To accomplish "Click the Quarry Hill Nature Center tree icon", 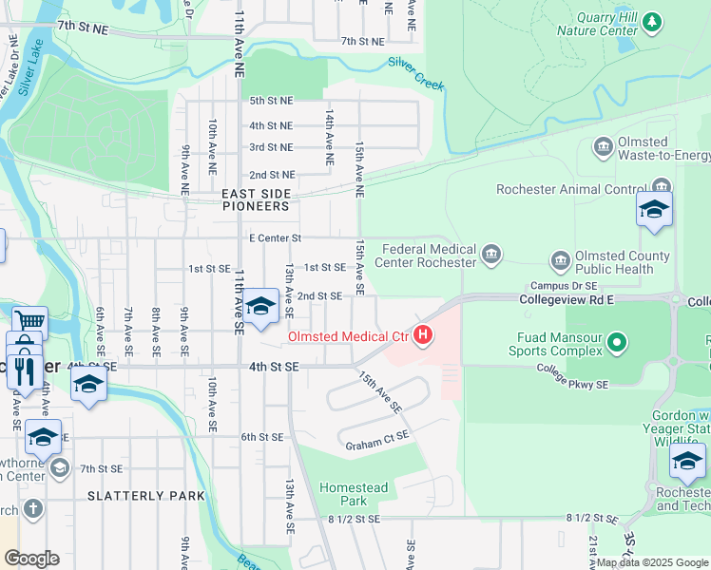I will (651, 21).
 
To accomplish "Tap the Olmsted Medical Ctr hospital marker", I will (422, 336).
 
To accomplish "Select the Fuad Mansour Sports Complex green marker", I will (618, 341).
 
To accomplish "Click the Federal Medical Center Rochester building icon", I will (490, 253).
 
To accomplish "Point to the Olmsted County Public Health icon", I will (560, 259).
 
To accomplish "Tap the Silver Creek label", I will (415, 74).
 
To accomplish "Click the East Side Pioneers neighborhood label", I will (255, 199).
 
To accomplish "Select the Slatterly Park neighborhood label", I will (145, 496).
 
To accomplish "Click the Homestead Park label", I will (354, 494).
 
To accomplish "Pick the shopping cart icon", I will (29, 322).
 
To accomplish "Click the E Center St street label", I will (275, 237).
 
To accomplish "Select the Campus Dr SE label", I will (564, 285).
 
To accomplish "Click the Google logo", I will (31, 559).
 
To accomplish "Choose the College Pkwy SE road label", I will (571, 376).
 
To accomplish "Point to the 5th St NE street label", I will (271, 100).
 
